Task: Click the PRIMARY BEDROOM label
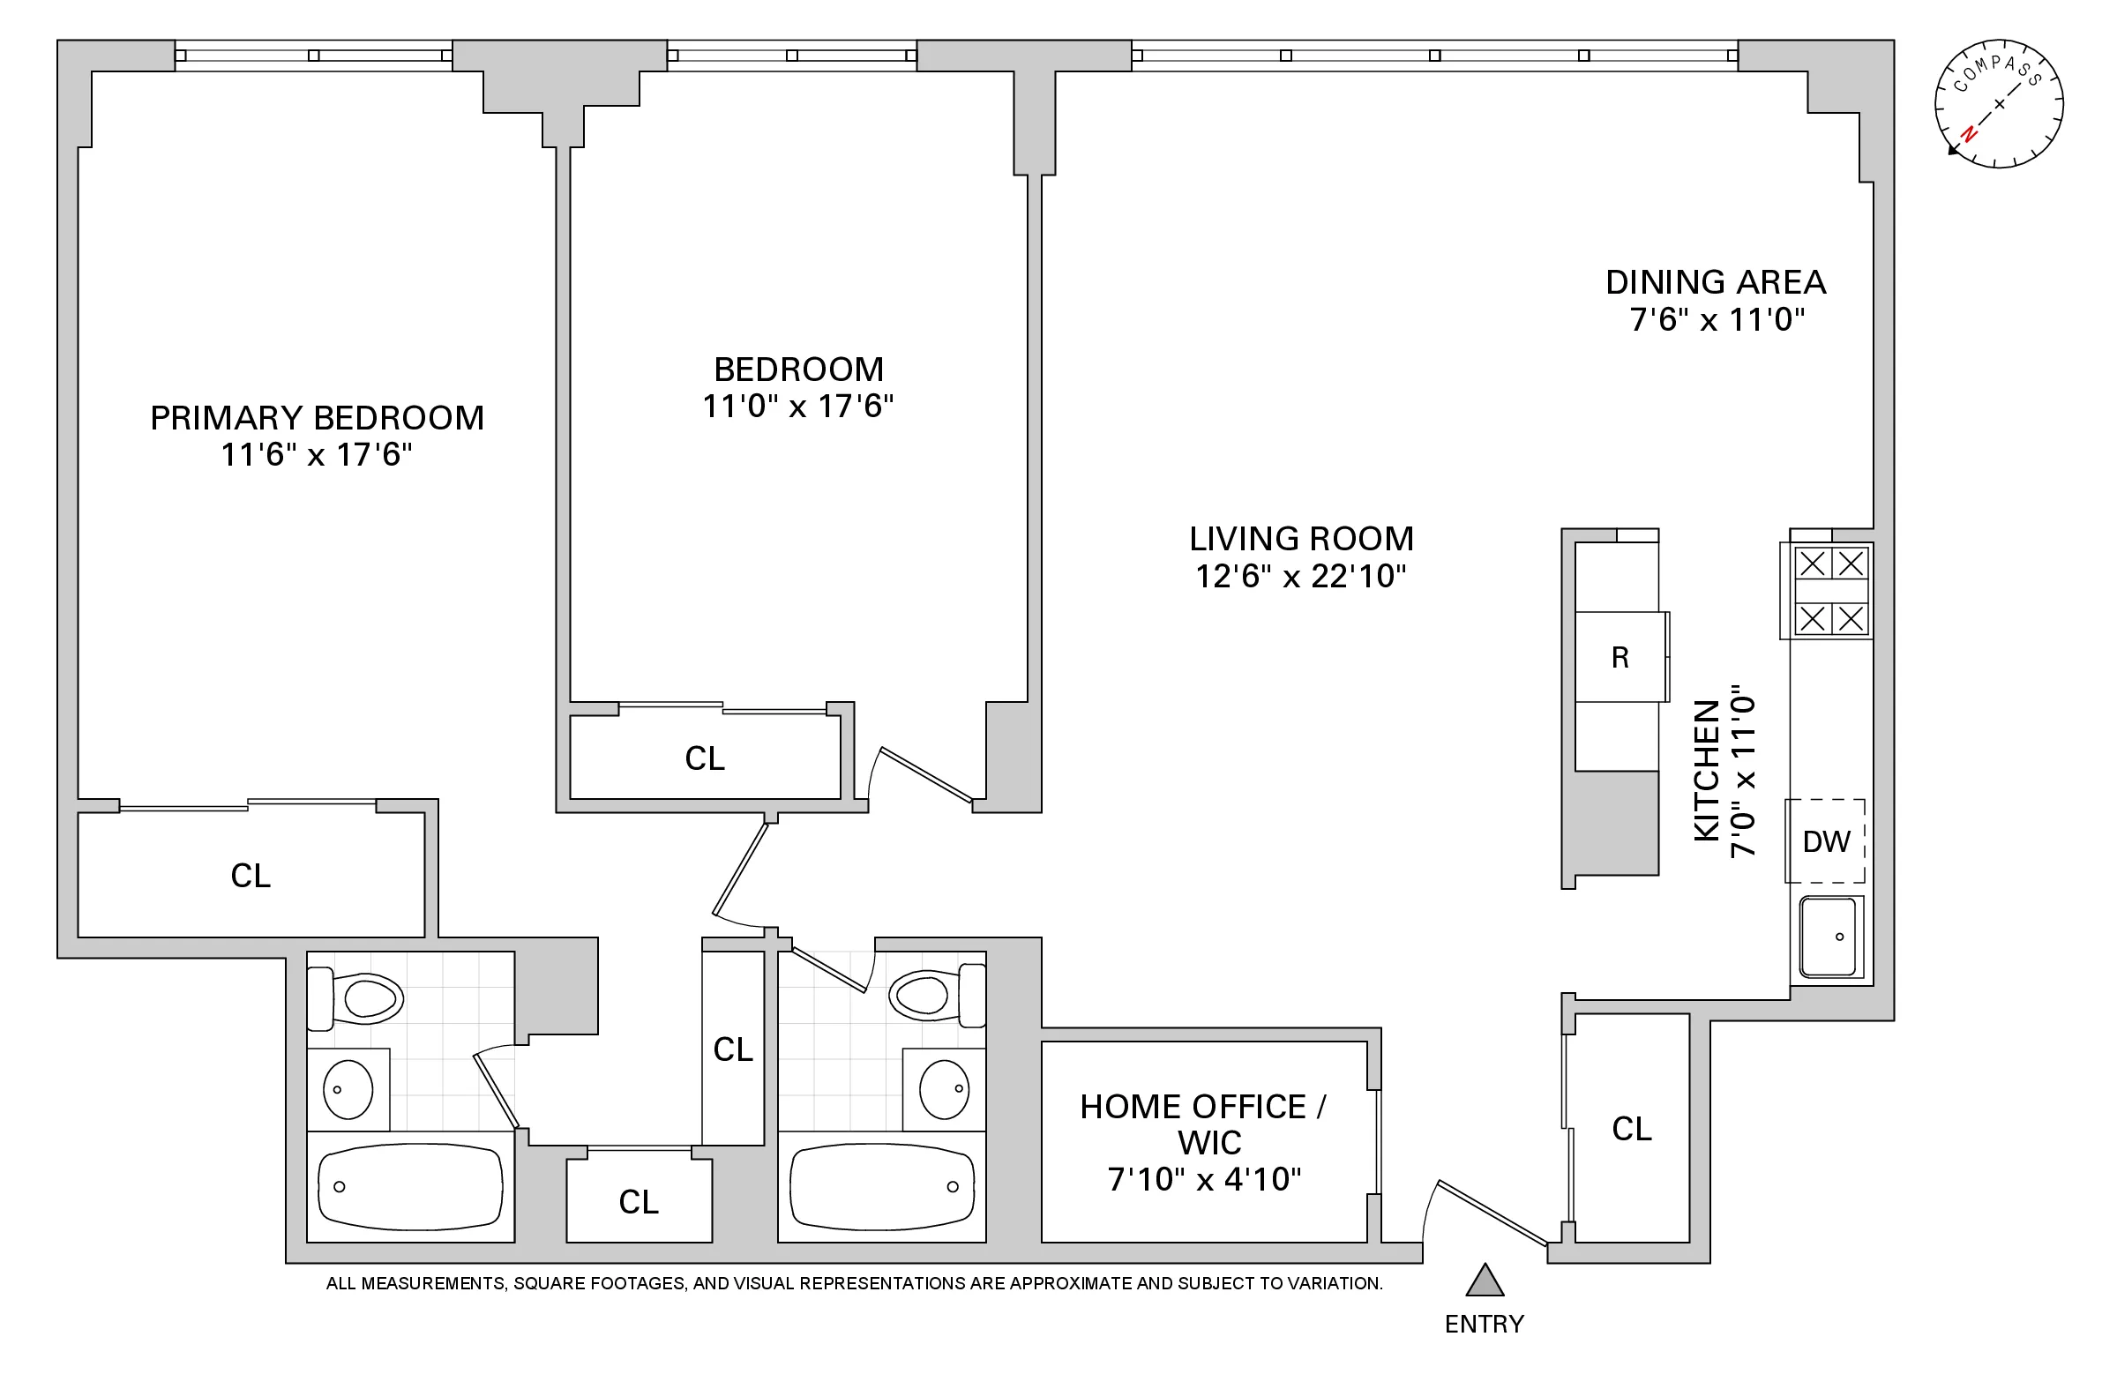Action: (317, 418)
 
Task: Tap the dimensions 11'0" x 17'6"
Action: (798, 407)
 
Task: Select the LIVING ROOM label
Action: (1301, 539)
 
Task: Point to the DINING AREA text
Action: (1715, 283)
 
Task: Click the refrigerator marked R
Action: (1619, 657)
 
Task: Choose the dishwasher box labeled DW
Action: (1825, 841)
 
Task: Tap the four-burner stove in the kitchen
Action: (1830, 591)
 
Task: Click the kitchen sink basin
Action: (1828, 937)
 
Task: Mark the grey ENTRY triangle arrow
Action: (1485, 1281)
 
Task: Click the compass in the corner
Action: (1999, 104)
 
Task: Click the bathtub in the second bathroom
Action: (881, 1186)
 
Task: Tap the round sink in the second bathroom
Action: (943, 1089)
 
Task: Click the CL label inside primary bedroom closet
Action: (250, 876)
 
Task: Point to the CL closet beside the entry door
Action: (1631, 1130)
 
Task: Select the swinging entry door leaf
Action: (1492, 1213)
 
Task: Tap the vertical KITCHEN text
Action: (1706, 770)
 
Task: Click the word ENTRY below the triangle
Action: (1484, 1325)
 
